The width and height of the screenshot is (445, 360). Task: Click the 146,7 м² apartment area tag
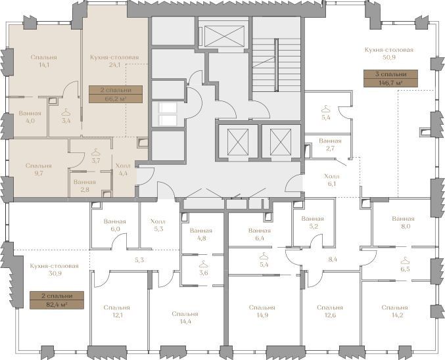pos(390,78)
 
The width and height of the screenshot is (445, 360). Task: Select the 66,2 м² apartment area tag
pos(116,94)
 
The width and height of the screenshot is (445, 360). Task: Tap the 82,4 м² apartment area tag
pos(57,300)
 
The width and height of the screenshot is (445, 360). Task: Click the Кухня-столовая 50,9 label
pos(389,54)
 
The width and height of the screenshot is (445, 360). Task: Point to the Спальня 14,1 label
pos(43,61)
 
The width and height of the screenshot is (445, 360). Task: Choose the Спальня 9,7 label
pos(39,169)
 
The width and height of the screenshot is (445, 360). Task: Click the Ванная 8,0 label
pos(403,223)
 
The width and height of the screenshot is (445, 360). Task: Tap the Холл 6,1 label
pos(332,180)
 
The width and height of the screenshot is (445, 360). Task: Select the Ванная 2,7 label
pos(330,145)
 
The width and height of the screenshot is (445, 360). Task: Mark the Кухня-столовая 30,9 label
pos(54,270)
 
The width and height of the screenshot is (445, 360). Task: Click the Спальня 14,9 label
pos(262,311)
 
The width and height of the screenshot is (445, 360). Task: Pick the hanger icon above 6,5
pos(405,260)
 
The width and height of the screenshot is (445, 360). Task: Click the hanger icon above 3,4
pos(66,112)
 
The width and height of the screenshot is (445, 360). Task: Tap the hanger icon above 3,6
pos(204,264)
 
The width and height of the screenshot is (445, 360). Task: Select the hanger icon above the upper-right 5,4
pos(326,108)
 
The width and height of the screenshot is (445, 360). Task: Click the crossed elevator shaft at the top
pos(224,35)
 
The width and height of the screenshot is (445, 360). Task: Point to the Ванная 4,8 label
pos(201,235)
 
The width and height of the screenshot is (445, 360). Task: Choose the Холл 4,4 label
pos(123,169)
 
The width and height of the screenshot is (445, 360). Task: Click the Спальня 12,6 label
pos(330,311)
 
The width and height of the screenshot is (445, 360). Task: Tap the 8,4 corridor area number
pos(333,259)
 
